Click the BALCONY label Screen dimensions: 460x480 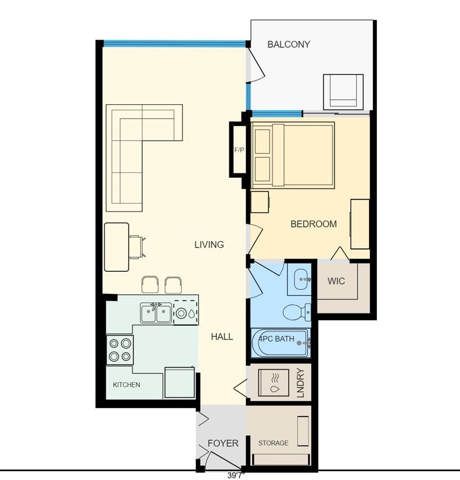(x=289, y=44)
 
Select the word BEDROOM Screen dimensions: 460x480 (x=313, y=224)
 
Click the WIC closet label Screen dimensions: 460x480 (x=336, y=281)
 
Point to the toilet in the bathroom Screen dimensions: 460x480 (x=297, y=312)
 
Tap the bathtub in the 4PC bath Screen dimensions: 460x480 (x=280, y=343)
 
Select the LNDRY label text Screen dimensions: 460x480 (x=301, y=383)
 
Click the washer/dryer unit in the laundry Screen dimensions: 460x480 (x=274, y=383)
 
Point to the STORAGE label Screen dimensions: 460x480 (x=274, y=443)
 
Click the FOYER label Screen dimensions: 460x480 (x=223, y=443)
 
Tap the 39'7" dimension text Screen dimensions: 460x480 (x=236, y=475)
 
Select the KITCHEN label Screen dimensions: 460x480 (x=126, y=385)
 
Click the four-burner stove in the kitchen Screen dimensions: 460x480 (x=120, y=350)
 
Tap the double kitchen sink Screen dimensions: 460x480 (x=156, y=313)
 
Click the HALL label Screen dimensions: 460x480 (x=222, y=337)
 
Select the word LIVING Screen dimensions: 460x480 (x=209, y=245)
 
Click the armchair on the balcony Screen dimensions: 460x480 (x=343, y=92)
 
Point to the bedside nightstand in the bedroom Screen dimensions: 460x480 (x=260, y=202)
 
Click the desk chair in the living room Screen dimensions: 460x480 (x=136, y=247)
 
